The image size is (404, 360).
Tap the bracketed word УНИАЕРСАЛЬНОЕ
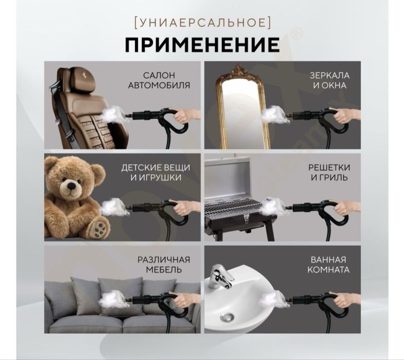tap(202, 22)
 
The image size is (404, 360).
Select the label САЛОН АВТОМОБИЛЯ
tap(159, 80)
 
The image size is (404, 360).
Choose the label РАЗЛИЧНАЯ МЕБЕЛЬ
tap(163, 264)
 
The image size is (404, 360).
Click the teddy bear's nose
tap(68, 186)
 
